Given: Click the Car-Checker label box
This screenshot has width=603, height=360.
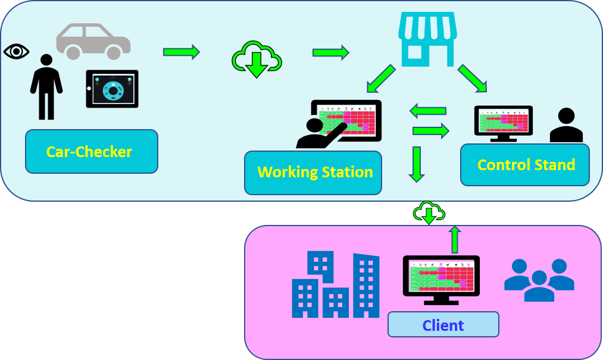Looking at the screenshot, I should point(91,151).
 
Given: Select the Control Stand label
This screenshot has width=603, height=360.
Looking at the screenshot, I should point(525,165).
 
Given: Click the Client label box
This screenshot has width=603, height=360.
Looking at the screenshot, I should point(443,325).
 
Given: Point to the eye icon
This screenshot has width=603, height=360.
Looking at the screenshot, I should point(16,52).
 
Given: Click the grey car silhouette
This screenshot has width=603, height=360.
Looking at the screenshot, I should point(93,42).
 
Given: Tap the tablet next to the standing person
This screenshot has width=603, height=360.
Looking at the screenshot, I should point(113,89).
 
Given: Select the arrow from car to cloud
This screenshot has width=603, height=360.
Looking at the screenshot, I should point(182,52).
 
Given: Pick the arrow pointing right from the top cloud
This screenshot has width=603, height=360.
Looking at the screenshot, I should point(330,52).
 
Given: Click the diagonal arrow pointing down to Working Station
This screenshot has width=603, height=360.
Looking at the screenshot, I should point(381,78).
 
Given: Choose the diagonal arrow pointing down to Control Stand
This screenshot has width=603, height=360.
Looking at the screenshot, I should point(472,79).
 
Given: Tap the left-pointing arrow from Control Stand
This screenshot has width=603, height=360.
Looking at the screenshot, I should point(428,111).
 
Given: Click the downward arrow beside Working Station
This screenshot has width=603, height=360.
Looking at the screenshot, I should point(417,164).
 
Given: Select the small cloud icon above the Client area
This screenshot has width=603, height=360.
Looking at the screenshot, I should point(429,212).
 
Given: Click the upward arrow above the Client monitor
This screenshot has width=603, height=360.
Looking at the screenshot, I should point(455,239).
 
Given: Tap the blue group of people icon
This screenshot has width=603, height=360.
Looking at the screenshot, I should point(539,280).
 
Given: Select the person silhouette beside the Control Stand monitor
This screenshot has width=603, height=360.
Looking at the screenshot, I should point(565,126).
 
